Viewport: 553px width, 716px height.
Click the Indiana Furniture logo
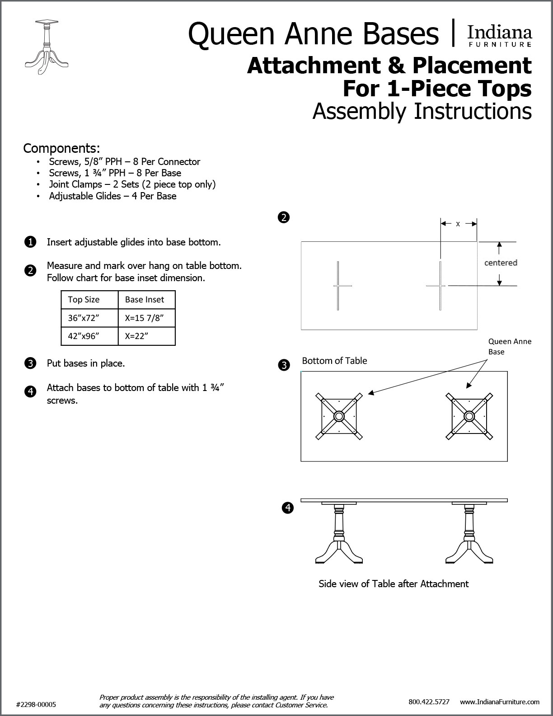499,36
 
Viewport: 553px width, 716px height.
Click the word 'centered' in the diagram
501,263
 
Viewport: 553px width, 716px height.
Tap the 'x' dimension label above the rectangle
458,224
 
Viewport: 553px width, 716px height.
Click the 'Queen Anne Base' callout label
509,347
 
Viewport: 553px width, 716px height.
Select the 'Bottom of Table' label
334,361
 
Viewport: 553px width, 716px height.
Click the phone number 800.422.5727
429,702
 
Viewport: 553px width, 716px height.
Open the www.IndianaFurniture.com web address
500,702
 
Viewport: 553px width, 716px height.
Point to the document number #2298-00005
36,704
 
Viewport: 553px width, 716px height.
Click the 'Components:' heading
61,148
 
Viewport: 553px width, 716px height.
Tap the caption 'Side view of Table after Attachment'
394,584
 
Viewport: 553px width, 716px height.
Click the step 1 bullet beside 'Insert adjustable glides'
30,242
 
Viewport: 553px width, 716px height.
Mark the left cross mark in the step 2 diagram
338,286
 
